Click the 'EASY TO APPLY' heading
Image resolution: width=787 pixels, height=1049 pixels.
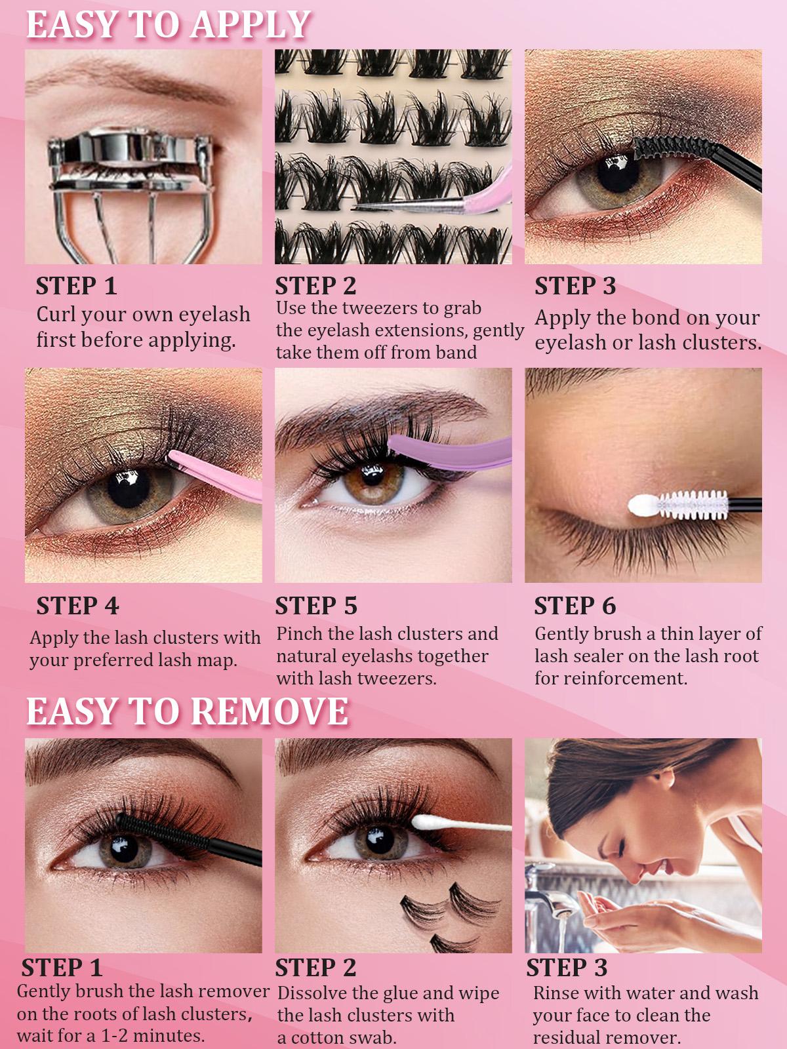point(167,25)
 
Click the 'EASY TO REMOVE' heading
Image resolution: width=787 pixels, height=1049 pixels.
point(187,711)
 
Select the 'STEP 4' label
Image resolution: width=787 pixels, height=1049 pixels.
point(77,606)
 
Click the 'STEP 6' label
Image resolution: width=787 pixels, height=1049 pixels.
point(575,606)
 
